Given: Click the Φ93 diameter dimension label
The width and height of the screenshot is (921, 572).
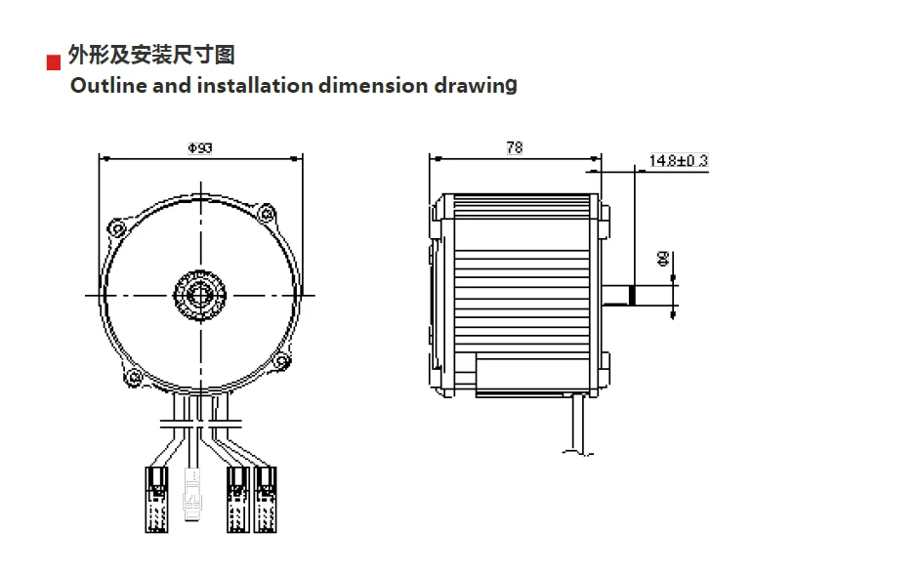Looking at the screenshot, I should point(199,147).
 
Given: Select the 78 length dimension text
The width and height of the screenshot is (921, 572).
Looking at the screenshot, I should point(514,147).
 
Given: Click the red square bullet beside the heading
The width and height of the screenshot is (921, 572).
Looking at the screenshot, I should point(54,63).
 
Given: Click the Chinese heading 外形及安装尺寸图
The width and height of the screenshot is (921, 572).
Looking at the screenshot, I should point(150,54).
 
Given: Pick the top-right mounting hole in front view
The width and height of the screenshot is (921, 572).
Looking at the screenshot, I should point(264,211).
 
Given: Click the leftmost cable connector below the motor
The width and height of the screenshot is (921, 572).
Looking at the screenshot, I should point(156,499).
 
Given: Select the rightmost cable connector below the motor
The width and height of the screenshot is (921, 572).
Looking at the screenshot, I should point(265,499).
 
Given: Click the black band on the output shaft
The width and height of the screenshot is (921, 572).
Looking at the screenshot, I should point(632,296).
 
